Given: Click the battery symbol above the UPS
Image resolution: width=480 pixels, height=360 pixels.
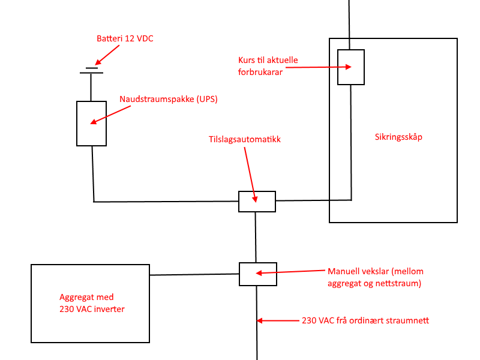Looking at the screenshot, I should pyautogui.click(x=91, y=71).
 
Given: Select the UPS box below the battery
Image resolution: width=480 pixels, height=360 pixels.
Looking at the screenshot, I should pyautogui.click(x=91, y=123).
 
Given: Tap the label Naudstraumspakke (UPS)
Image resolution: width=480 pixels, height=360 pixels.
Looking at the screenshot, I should pyautogui.click(x=168, y=100).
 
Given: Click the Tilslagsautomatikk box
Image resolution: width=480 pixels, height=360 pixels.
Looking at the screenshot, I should pyautogui.click(x=257, y=202).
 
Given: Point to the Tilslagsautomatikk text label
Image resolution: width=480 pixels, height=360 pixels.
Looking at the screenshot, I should pyautogui.click(x=244, y=139).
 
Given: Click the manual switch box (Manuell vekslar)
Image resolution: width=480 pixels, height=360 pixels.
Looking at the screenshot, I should pyautogui.click(x=257, y=274).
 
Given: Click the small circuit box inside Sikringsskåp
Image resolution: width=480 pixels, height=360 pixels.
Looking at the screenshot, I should pyautogui.click(x=350, y=67).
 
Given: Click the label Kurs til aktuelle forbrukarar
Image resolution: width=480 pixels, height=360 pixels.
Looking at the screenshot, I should pyautogui.click(x=268, y=66).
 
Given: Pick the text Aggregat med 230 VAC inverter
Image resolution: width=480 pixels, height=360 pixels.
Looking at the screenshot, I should pyautogui.click(x=92, y=303).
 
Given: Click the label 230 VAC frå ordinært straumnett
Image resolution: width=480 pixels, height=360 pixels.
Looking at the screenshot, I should pyautogui.click(x=365, y=320).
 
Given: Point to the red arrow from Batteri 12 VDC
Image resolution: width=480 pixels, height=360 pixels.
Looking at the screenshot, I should pyautogui.click(x=107, y=55).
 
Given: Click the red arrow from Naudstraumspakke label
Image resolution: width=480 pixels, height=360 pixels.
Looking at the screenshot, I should pyautogui.click(x=110, y=115).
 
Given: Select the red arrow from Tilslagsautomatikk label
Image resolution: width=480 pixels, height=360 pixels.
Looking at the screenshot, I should pyautogui.click(x=250, y=175).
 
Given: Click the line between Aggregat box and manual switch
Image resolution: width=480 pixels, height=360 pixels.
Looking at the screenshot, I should pyautogui.click(x=194, y=275).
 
